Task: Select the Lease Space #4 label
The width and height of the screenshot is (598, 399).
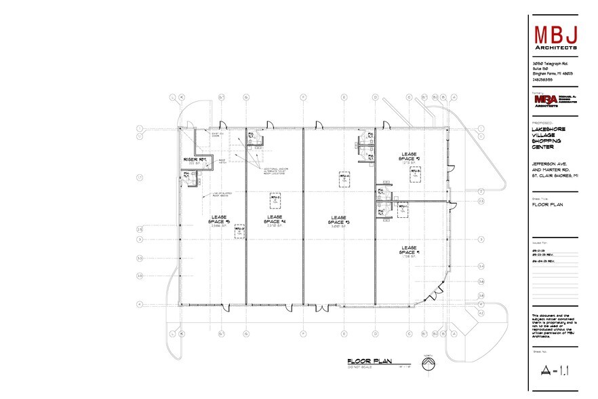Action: pos(275,220)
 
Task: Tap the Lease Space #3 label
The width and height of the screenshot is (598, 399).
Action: pos(338,220)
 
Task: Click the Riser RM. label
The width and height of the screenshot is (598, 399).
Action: pos(195,160)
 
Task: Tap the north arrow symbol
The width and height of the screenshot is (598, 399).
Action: pos(427,365)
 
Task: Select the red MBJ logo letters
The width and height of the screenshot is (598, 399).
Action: pos(555,33)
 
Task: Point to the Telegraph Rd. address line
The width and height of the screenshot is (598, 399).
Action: pos(550,63)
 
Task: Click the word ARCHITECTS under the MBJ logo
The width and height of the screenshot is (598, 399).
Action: pos(555,48)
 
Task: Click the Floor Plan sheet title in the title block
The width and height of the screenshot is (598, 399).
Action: pos(549,204)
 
